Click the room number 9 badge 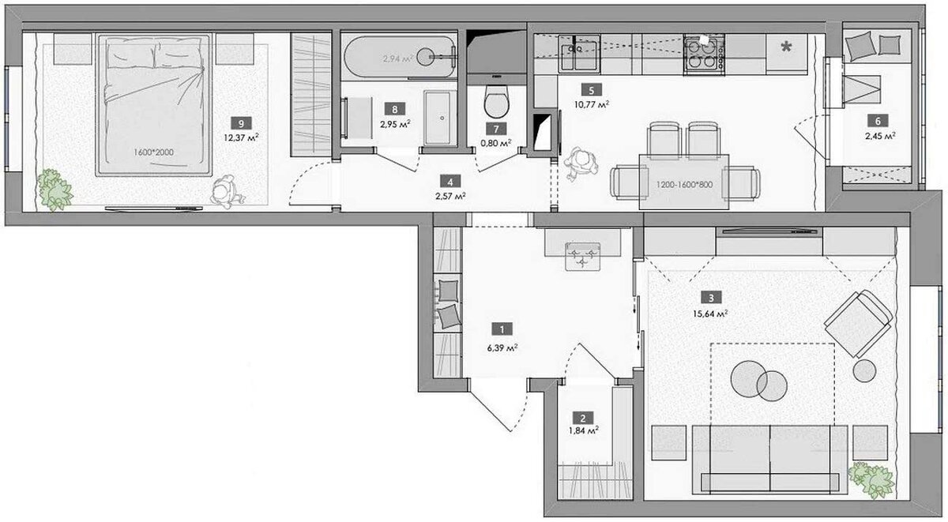(241, 123)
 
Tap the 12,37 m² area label (241, 137)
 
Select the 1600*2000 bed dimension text (153, 152)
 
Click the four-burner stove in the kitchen (704, 55)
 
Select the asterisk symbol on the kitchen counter (786, 47)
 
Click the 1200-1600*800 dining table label (684, 185)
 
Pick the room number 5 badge (592, 90)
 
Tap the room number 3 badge (711, 298)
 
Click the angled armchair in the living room (858, 324)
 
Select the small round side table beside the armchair (864, 371)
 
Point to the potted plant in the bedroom (55, 190)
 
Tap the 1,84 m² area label (584, 431)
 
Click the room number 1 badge (502, 329)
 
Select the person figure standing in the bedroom (227, 193)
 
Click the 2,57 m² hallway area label (450, 197)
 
